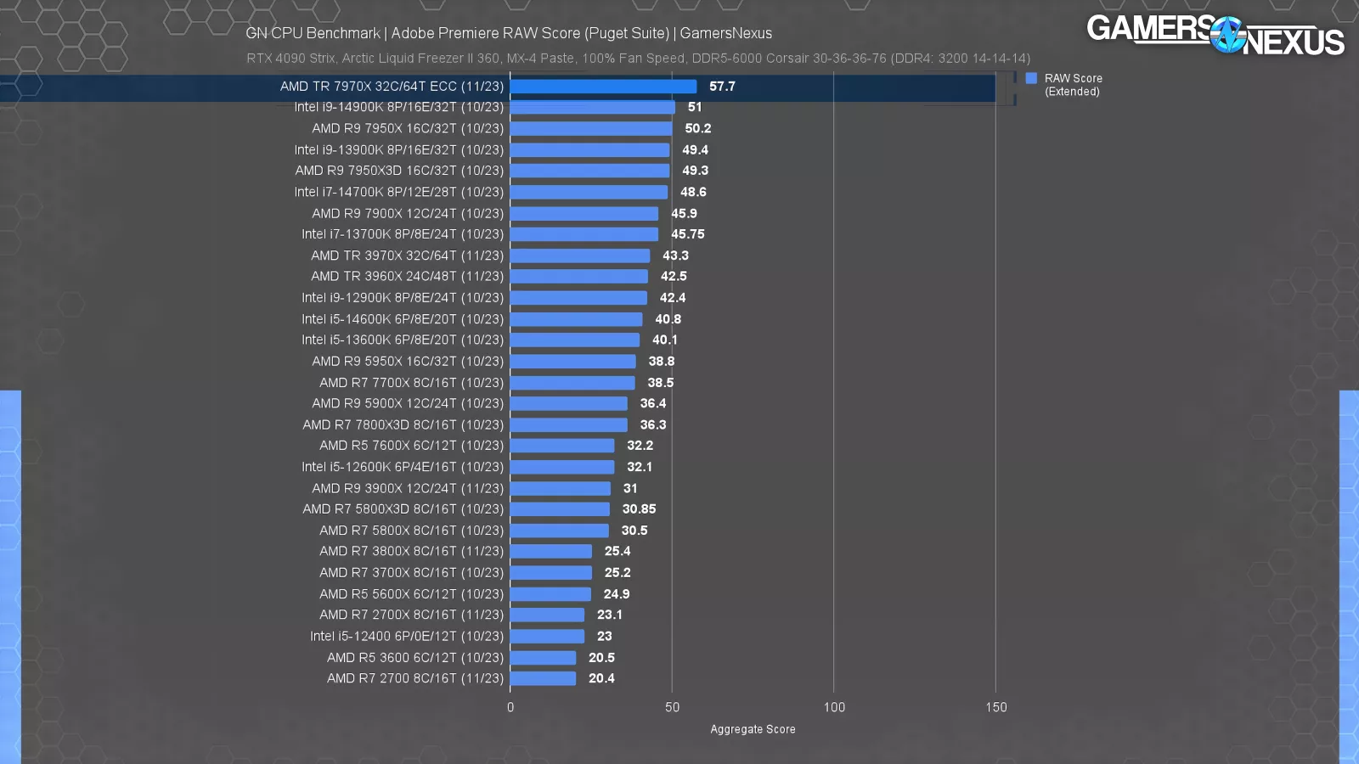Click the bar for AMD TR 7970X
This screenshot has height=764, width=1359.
603,87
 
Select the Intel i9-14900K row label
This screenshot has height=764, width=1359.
398,107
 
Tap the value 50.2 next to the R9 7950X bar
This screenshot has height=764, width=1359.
697,128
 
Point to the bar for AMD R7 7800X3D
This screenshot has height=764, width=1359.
568,424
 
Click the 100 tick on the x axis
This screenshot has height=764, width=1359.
834,707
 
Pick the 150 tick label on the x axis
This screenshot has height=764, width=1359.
995,707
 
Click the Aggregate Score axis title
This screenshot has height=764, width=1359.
753,729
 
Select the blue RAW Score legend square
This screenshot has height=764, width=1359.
1031,78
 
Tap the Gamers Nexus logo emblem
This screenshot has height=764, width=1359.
1227,36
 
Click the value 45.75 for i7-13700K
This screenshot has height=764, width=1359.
687,234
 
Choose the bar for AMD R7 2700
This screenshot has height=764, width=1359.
543,678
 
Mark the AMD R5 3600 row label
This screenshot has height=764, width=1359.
414,657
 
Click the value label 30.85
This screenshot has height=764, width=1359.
639,509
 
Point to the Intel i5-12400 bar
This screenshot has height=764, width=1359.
547,636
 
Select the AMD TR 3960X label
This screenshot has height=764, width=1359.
407,277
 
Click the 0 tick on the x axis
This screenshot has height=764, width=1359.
510,707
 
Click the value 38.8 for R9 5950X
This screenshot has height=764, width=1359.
661,361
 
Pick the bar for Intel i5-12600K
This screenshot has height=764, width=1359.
561,467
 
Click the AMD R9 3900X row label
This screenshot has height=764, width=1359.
407,488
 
